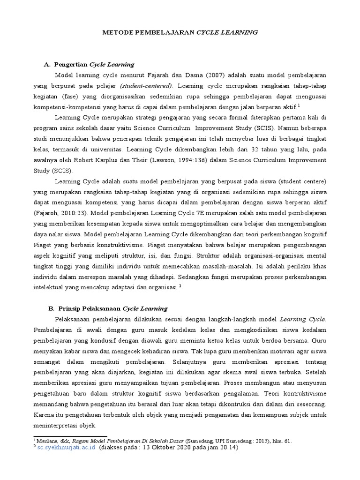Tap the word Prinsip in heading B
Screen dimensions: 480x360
click(x=69, y=309)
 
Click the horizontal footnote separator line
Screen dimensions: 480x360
click(x=70, y=436)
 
